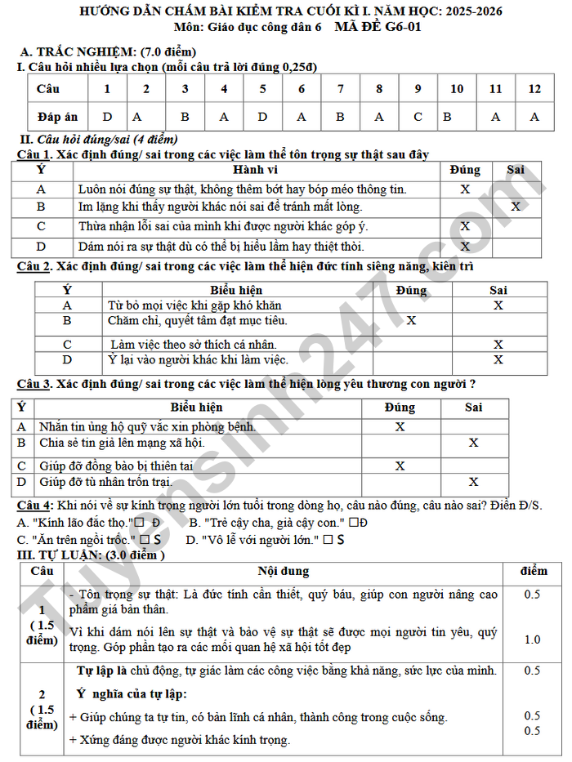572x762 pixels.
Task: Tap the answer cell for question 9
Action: [x=418, y=117]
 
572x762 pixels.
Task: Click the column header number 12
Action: [x=534, y=89]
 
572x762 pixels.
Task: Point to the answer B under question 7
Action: [x=340, y=117]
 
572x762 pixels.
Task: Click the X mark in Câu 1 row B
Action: [x=515, y=207]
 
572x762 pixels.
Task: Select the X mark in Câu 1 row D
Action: [x=465, y=246]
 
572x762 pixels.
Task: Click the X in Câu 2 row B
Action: [x=411, y=321]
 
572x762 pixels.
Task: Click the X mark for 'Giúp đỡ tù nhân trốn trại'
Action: [x=473, y=482]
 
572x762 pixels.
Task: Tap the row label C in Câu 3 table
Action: [x=21, y=466]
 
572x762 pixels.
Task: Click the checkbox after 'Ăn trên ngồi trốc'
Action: [x=144, y=540]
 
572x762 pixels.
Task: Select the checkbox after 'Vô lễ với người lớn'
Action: [x=327, y=540]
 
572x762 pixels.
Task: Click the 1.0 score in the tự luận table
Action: [x=532, y=639]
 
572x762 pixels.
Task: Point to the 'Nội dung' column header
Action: [x=283, y=571]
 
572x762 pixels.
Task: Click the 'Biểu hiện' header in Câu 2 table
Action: [x=236, y=290]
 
